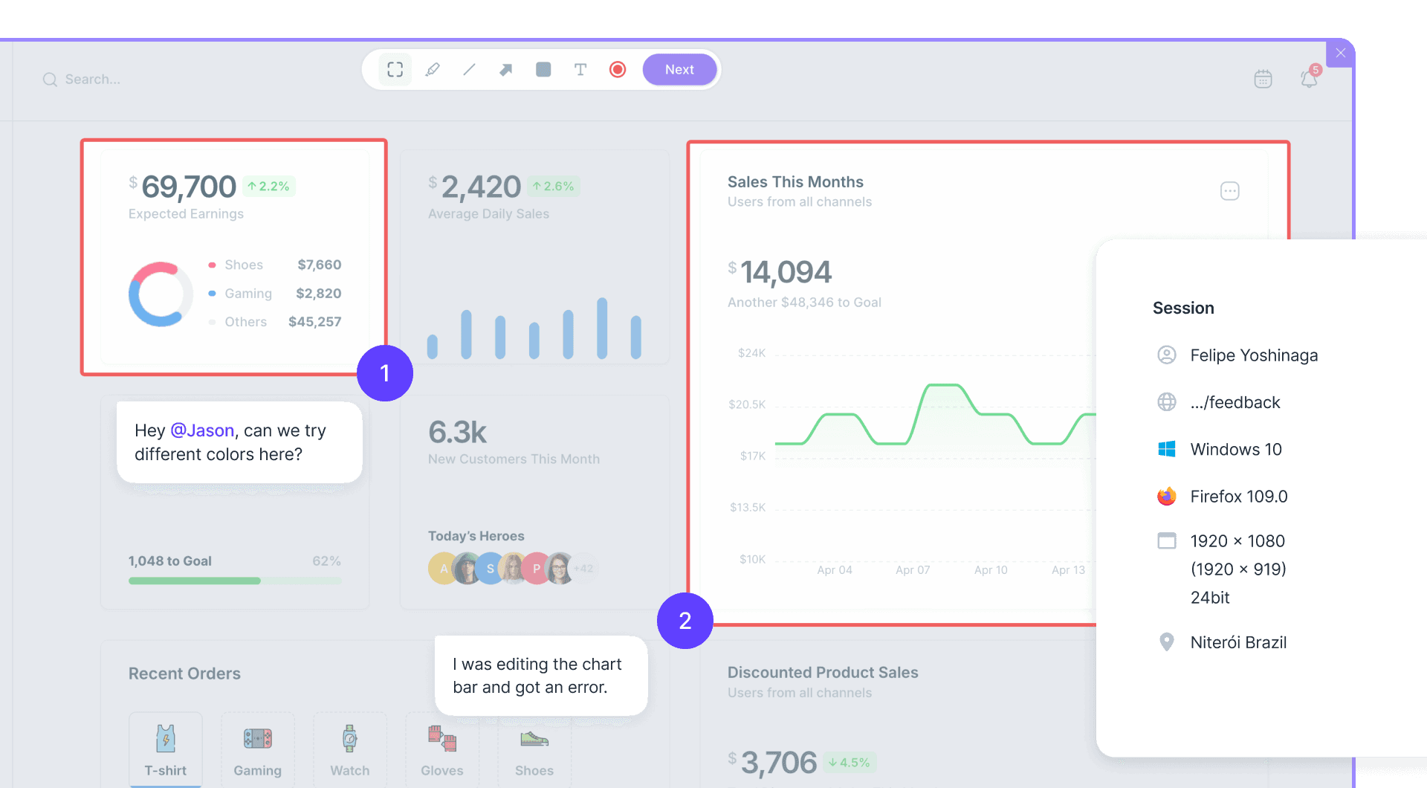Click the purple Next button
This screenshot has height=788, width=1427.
coord(679,69)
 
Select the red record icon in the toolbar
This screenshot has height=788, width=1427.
coord(618,69)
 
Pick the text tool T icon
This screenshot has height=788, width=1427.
coord(580,69)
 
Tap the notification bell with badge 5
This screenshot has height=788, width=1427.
coord(1309,78)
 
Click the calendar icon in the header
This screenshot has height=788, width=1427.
coord(1263,79)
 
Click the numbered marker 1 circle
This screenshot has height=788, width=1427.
coord(385,373)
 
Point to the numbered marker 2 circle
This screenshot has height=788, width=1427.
coord(685,621)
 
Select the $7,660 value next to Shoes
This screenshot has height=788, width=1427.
coord(320,265)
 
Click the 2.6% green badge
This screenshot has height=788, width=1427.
coord(554,186)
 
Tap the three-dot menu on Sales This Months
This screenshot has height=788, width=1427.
coord(1230,191)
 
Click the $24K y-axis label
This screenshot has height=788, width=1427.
coord(751,353)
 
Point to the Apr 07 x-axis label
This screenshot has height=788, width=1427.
coord(913,570)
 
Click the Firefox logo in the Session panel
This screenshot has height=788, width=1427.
coord(1167,497)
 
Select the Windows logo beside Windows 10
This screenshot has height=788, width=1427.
coord(1167,449)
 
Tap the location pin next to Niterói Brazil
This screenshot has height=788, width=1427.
coord(1167,642)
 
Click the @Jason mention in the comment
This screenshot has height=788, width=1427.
coord(202,430)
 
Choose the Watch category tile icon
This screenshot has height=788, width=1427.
coord(350,738)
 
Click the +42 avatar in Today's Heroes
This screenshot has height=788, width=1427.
coord(584,569)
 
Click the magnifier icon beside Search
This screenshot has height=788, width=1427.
coord(50,80)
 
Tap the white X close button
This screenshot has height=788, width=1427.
coord(1341,53)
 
